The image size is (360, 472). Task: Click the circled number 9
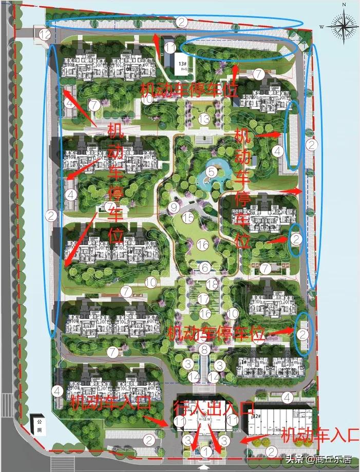click(x=173, y=207)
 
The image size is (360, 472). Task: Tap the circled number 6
click(x=205, y=268)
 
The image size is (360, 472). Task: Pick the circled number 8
click(x=205, y=350)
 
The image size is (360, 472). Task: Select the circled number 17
click(x=203, y=298)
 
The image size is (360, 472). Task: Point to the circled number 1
click(x=205, y=451)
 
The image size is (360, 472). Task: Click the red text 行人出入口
click(x=215, y=408)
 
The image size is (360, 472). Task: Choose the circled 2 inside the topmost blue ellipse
click(x=181, y=22)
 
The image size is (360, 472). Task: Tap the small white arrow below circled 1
click(x=205, y=467)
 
